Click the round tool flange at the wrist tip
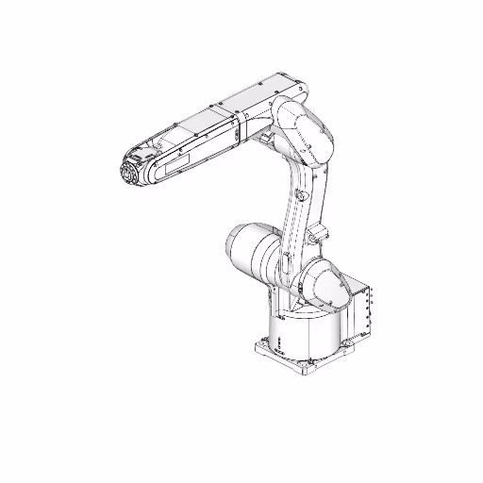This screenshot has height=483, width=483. [x=127, y=175]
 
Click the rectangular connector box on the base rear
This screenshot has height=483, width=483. [x=363, y=307]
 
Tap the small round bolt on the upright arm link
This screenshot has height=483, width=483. [x=300, y=195]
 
